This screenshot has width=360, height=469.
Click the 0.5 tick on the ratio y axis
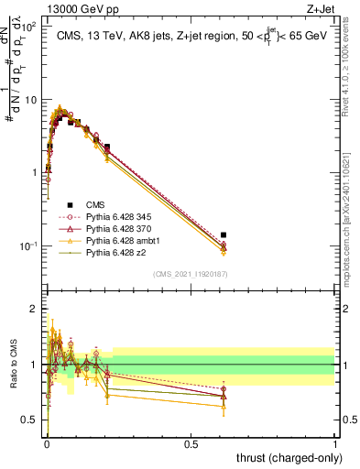click(32, 421)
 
